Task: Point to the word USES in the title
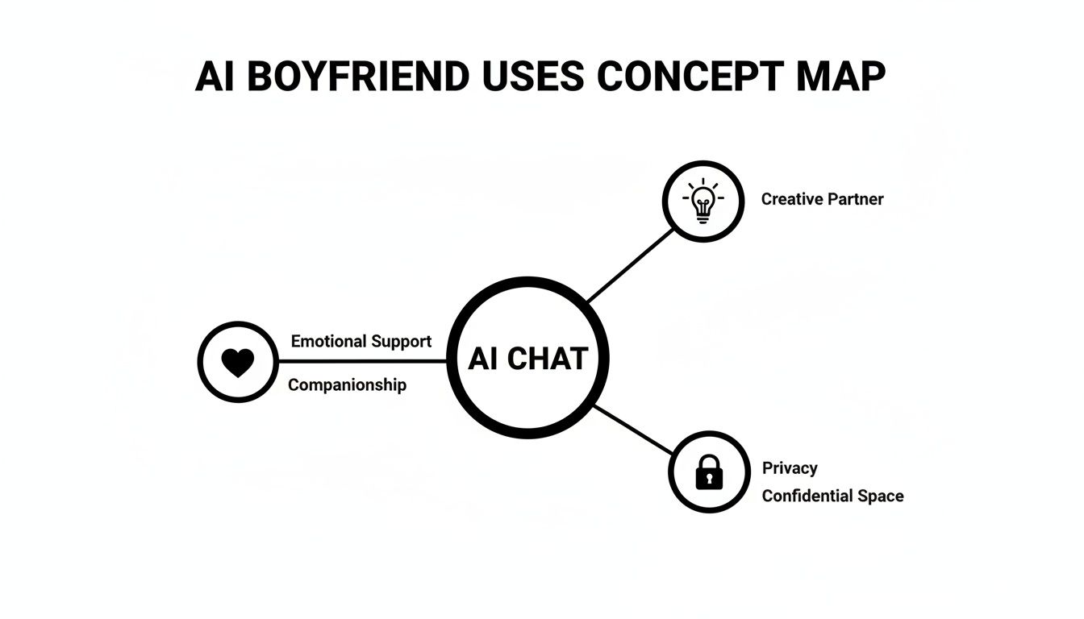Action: pos(532,77)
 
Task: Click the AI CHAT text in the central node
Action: pos(527,358)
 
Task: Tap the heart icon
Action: pos(238,362)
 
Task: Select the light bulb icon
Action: pos(703,201)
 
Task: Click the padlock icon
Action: pos(710,472)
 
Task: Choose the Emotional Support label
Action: pos(361,341)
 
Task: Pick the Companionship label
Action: pos(347,384)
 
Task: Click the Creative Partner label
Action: pos(822,199)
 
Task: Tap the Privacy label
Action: pos(790,468)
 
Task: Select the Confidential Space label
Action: pos(832,496)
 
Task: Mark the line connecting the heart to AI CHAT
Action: pos(363,361)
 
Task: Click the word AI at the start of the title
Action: pos(209,77)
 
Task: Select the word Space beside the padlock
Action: pos(881,496)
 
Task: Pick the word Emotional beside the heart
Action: pos(328,341)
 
